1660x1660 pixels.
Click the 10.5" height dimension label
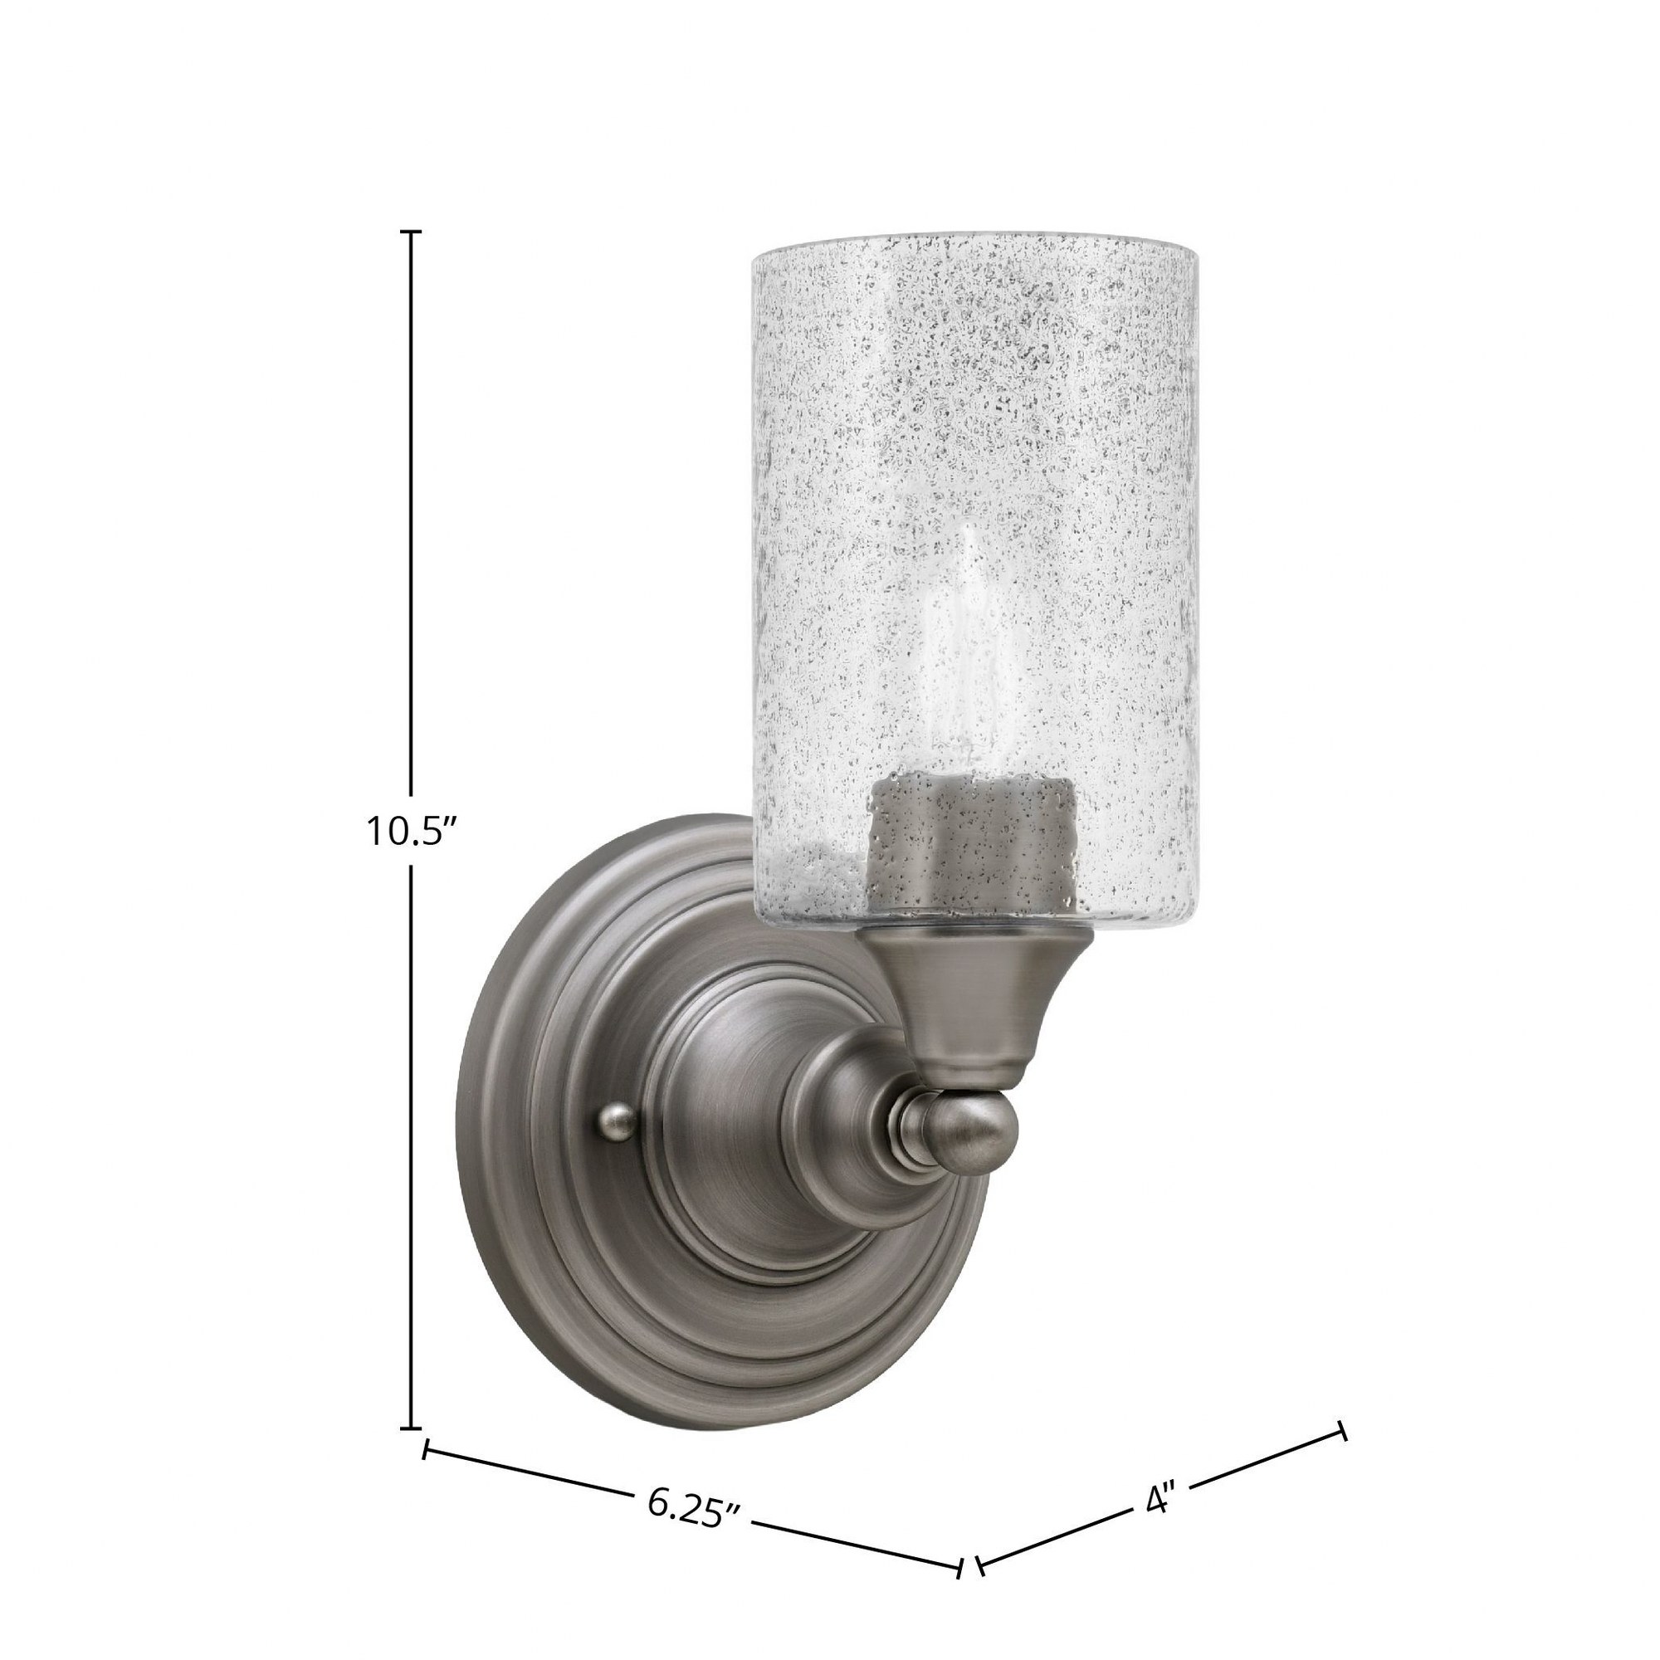click(x=411, y=832)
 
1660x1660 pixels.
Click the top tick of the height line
click(x=413, y=233)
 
